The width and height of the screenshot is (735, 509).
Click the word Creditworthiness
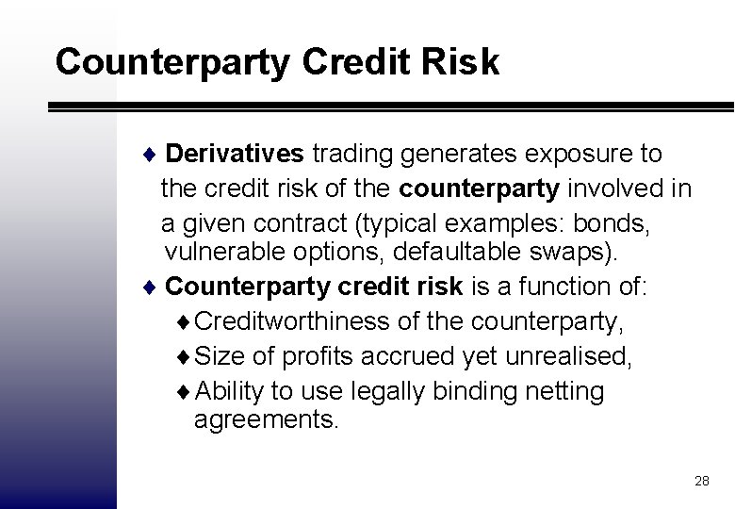[x=294, y=321]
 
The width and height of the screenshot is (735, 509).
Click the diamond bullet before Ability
[x=184, y=391]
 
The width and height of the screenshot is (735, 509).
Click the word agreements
[x=265, y=419]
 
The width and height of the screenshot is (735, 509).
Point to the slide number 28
[x=701, y=481]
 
